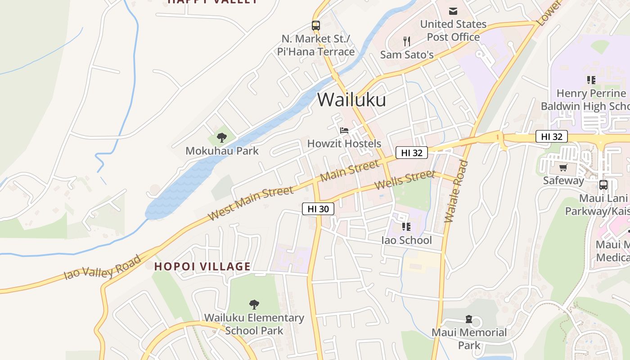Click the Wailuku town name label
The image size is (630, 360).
coord(351,99)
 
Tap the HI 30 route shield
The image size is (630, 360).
coord(318,209)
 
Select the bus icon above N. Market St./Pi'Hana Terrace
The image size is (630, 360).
coord(316,26)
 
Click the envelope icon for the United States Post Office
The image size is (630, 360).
coord(453,11)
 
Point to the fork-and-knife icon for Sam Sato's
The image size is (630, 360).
coord(407,41)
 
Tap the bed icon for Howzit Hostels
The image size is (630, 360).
coord(344,130)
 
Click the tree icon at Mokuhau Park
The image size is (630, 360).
coord(221,138)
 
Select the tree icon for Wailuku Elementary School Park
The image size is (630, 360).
coord(254,305)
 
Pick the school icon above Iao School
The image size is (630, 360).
coord(406,226)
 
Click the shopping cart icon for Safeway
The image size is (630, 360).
coord(563,168)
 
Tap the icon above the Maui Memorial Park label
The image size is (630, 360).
coord(469,319)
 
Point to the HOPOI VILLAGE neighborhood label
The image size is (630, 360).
coord(202,266)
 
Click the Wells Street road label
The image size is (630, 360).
coord(405,180)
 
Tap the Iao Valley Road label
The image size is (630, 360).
coord(103,267)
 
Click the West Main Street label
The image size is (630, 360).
coord(251,203)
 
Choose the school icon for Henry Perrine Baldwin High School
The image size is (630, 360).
coord(591,80)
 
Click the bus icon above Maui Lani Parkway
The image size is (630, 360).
coord(603,185)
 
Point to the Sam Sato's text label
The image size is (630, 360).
coord(407,55)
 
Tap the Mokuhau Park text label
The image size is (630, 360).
coord(222,151)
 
